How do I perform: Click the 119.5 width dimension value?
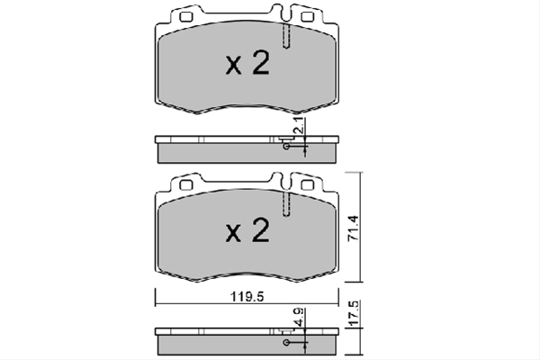point(247,296)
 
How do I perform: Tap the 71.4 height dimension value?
point(354,228)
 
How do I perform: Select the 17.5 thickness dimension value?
point(354,313)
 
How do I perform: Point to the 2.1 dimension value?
point(298,125)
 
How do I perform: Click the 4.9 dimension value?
point(298,318)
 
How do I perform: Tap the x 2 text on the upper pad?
point(247,63)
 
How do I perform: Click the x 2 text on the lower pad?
point(247,230)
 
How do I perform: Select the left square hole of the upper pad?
point(186,17)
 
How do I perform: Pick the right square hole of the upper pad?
point(307,17)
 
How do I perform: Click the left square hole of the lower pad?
point(186,185)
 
